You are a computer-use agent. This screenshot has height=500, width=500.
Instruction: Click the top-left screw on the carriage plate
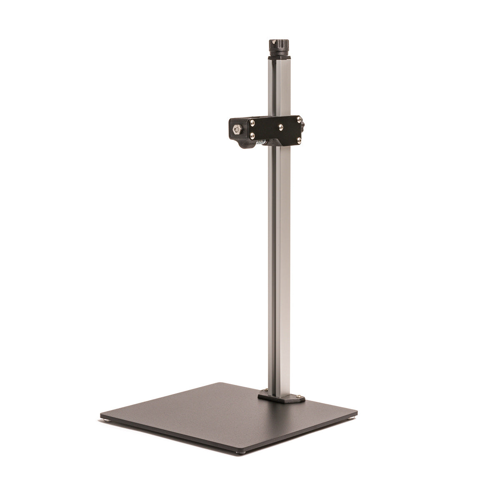pyautogui.click(x=252, y=121)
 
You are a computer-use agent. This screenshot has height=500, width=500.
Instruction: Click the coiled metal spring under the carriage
pyautogui.click(x=260, y=143)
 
